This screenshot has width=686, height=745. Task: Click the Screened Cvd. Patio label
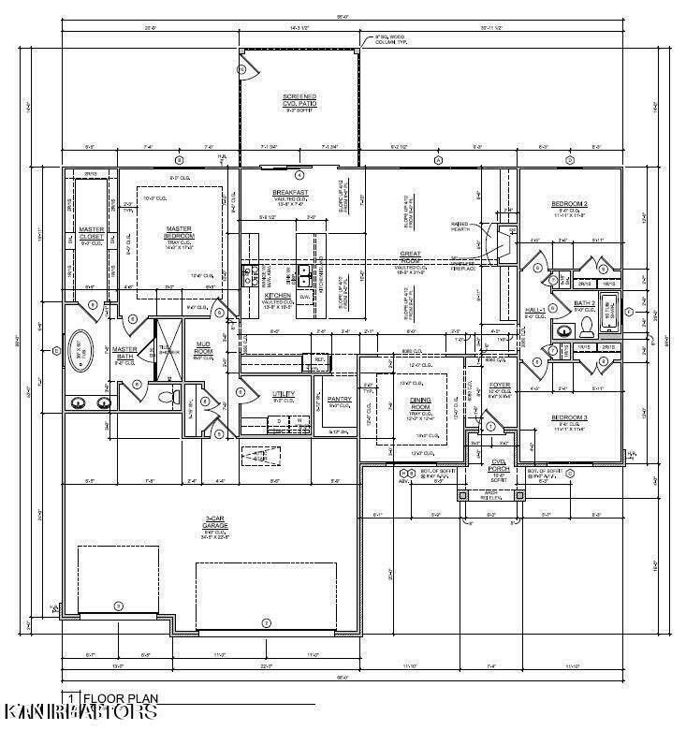(299, 100)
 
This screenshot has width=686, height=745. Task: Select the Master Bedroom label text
(179, 232)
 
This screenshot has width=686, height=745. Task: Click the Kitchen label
(278, 296)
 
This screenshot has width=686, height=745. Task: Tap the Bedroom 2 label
(569, 203)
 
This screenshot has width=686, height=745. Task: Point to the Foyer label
(499, 384)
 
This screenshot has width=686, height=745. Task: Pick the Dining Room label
(419, 403)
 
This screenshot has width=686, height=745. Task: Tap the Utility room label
(283, 393)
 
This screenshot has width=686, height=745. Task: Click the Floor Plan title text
(115, 697)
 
